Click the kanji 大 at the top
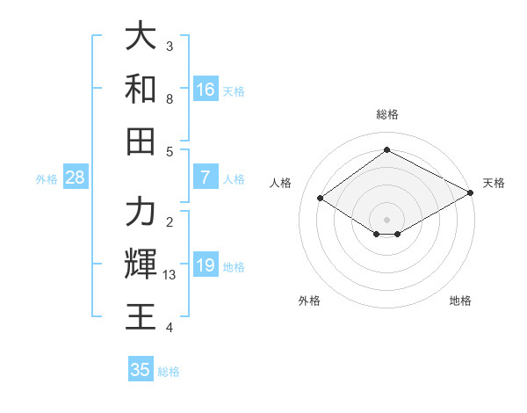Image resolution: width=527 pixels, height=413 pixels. pyautogui.click(x=141, y=37)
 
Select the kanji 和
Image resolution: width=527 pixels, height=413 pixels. pyautogui.click(x=141, y=89)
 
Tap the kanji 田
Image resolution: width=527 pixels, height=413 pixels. pyautogui.click(x=141, y=140)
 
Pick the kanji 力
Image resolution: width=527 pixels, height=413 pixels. pyautogui.click(x=141, y=212)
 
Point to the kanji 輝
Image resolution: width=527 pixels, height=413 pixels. pyautogui.click(x=141, y=264)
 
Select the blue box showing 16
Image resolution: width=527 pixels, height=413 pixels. pyautogui.click(x=206, y=90)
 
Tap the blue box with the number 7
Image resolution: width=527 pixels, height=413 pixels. pyautogui.click(x=206, y=178)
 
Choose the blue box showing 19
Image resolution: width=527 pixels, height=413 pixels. pyautogui.click(x=206, y=265)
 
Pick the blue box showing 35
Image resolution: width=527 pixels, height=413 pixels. pyautogui.click(x=141, y=370)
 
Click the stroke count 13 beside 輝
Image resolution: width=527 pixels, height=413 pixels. pyautogui.click(x=170, y=275)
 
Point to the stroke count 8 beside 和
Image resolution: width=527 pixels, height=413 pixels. pyautogui.click(x=170, y=98)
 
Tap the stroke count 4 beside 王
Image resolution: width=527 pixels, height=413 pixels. pyautogui.click(x=170, y=328)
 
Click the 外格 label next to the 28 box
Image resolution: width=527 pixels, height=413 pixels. pyautogui.click(x=47, y=179)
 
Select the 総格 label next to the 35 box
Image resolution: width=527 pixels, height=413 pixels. pyautogui.click(x=169, y=372)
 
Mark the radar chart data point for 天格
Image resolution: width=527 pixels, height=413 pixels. pyautogui.click(x=472, y=193)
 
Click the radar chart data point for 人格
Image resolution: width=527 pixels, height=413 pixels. pyautogui.click(x=321, y=199)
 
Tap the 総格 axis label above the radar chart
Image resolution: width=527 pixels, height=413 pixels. pyautogui.click(x=386, y=114)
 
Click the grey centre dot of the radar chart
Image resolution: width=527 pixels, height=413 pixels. pyautogui.click(x=386, y=218)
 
